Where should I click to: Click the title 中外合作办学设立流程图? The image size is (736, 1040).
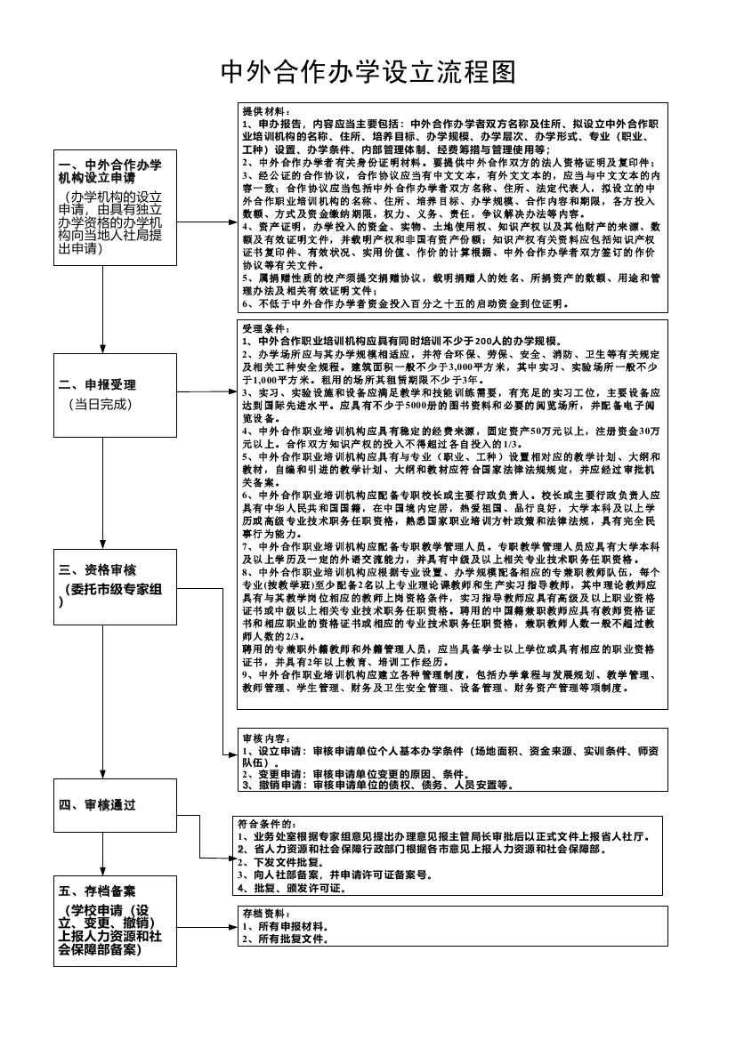click(368, 71)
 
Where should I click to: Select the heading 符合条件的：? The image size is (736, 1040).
click(271, 825)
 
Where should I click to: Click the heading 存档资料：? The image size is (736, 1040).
click(266, 914)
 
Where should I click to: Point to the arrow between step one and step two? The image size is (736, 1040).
click(103, 320)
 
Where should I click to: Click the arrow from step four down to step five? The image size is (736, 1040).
click(103, 854)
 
